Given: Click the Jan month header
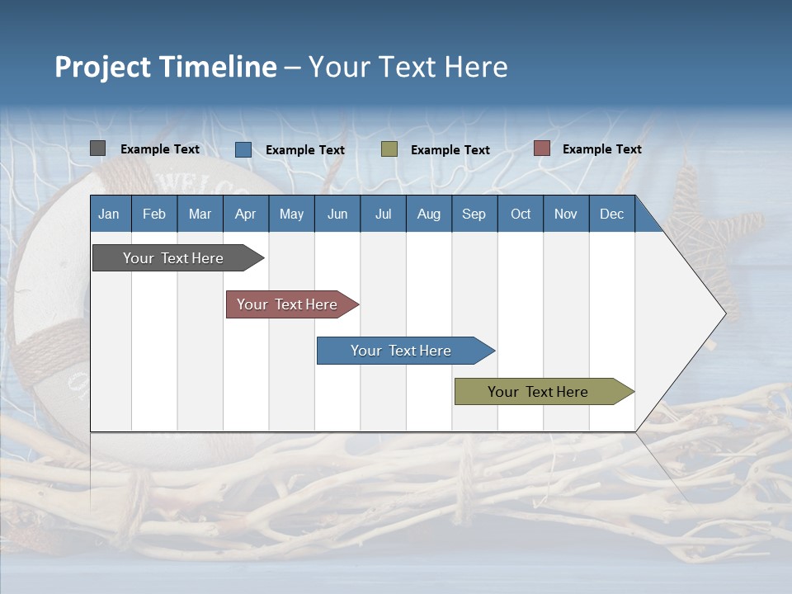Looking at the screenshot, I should coord(110,214).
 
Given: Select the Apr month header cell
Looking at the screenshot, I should coord(246,214).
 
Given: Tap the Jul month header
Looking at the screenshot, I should coord(383,214).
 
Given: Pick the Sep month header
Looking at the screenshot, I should coord(474,214).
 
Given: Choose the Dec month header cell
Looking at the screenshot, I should coord(611,214).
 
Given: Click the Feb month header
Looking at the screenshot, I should coord(154,214).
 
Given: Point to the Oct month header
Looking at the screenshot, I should coord(521,214).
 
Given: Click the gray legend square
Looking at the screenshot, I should coord(98,148).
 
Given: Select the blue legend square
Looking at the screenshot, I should coord(243,149).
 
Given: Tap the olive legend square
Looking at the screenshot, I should coord(389,149).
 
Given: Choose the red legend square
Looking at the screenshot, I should coord(542,148).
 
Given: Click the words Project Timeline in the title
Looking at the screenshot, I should coord(166,67).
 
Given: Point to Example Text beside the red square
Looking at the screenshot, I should coord(601,149).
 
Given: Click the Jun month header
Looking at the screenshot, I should coord(337,214).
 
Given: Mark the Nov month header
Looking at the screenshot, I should coord(566,214).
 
